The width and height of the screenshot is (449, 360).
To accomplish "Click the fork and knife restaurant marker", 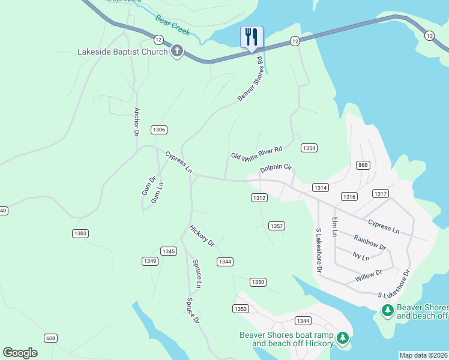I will (251, 37).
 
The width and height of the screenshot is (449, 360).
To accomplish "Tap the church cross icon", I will (176, 52).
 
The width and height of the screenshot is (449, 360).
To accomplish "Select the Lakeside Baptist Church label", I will (122, 52).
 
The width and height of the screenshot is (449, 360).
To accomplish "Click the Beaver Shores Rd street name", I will (250, 79).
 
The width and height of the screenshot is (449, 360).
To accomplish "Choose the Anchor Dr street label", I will (137, 122).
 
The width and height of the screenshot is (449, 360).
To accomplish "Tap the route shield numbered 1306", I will (159, 130).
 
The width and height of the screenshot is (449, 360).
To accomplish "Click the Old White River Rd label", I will (256, 153).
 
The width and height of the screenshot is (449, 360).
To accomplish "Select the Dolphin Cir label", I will (276, 169).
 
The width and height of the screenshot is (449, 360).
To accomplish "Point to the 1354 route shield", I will (309, 148).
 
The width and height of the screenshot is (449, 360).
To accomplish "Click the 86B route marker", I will (363, 165).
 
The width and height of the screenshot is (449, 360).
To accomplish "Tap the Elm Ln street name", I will (335, 226).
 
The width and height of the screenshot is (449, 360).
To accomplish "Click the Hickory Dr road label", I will (202, 235).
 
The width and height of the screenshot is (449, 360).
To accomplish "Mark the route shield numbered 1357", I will (277, 226).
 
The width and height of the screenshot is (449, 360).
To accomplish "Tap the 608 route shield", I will (50, 338).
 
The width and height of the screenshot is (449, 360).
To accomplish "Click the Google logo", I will (20, 353).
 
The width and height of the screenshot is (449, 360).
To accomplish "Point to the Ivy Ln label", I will (361, 256).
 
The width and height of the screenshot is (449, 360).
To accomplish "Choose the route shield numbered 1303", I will (80, 233).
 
